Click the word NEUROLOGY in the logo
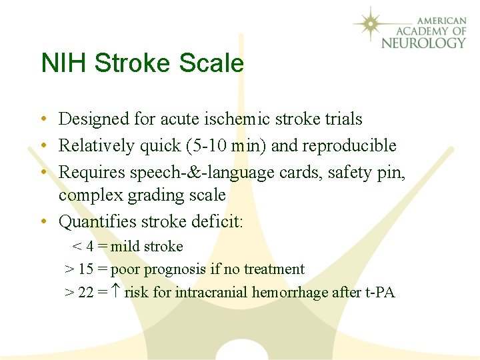424,43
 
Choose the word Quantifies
93,221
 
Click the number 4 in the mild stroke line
89,247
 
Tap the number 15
85,269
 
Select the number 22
85,292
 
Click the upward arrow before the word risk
114,292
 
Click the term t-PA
380,292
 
